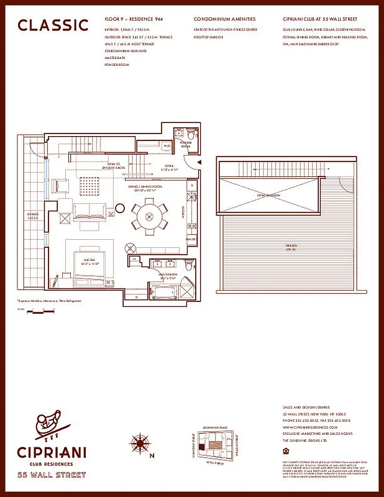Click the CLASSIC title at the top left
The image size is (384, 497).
click(x=53, y=25)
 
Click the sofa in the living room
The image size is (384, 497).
click(x=87, y=212)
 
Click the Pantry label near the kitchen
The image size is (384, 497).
click(x=191, y=239)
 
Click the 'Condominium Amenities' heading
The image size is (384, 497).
click(x=225, y=19)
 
